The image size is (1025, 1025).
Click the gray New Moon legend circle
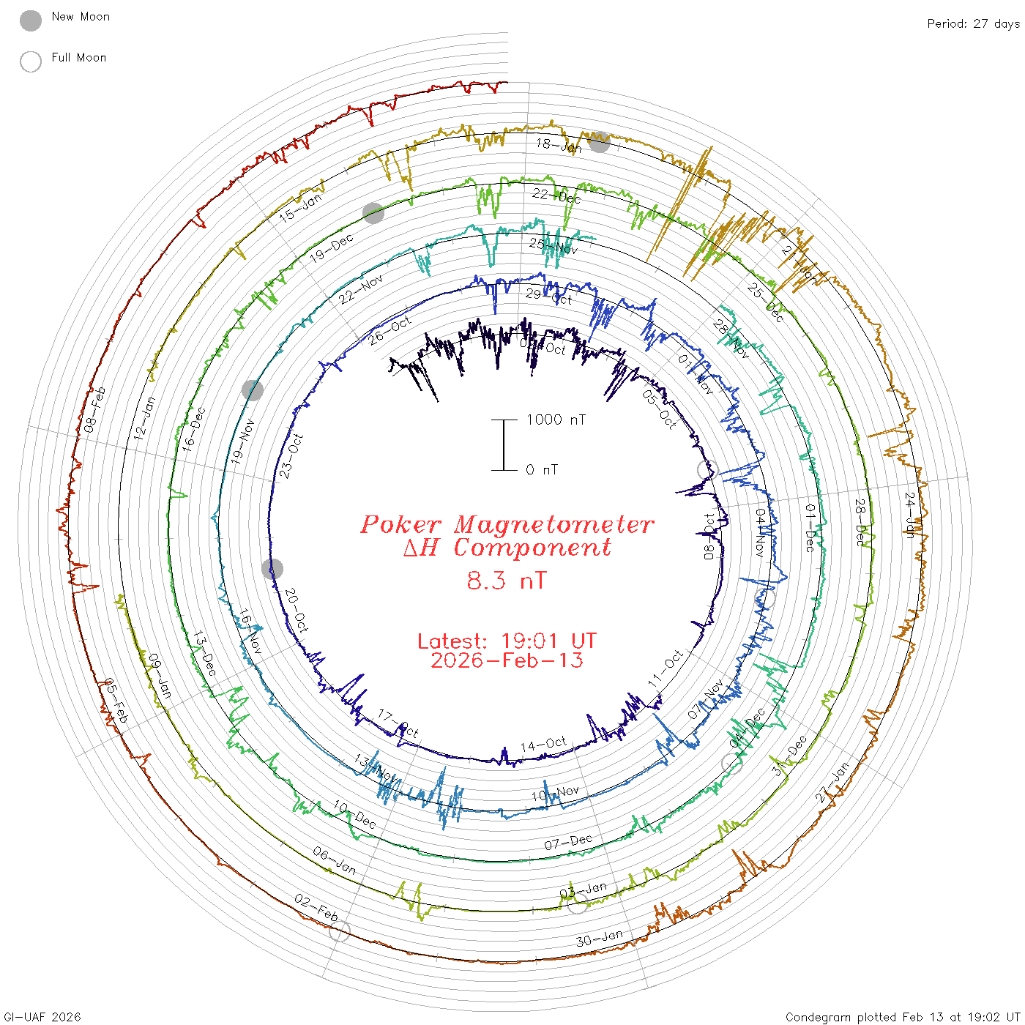coord(31,21)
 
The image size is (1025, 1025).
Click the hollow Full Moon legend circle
coord(31,61)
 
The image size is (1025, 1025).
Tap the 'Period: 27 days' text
coord(973,23)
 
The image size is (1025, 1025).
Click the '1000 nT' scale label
coord(556,420)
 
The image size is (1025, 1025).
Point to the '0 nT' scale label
coord(542,469)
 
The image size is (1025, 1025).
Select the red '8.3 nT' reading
coord(507,581)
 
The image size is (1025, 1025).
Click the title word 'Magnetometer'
coord(553,524)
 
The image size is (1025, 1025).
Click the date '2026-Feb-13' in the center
coord(507,660)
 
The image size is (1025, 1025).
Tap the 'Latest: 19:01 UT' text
coord(507,641)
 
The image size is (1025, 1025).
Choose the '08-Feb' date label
coord(94,409)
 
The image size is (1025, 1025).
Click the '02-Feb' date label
coord(316,908)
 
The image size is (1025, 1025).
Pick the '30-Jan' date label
coord(599,938)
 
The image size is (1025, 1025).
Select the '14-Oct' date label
coord(543,745)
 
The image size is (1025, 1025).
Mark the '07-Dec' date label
coord(568,843)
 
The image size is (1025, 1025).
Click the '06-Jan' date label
coord(334,860)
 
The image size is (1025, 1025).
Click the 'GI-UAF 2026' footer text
coord(42,1017)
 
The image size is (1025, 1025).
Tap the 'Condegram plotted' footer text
coord(842,1017)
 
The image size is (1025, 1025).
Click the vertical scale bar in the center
coord(504,444)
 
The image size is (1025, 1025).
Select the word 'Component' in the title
coord(532,548)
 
